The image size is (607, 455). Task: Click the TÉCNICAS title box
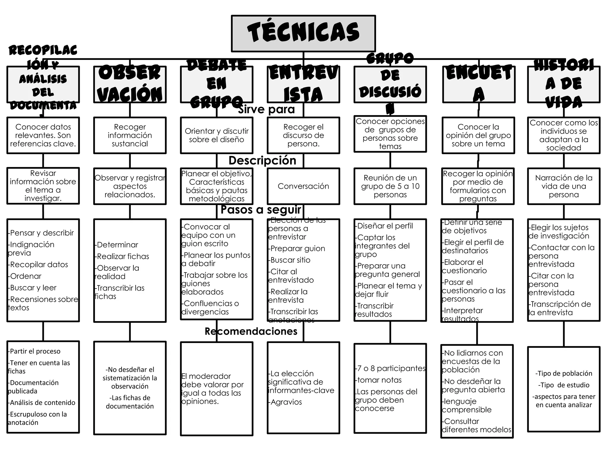(303, 33)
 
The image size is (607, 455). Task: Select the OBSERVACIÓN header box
(130, 84)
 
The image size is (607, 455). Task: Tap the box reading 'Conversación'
(303, 186)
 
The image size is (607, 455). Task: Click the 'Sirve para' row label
(266, 109)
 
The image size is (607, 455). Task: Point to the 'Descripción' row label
(262, 160)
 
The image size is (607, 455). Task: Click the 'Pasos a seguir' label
(261, 209)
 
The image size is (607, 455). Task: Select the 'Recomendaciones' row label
(251, 331)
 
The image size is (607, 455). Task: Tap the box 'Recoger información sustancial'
(130, 135)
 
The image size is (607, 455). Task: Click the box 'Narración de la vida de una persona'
(563, 186)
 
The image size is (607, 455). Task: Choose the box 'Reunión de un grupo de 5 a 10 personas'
(390, 186)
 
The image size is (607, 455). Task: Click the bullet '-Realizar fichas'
(122, 256)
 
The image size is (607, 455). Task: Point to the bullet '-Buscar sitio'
(290, 260)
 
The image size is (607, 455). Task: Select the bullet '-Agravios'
(285, 402)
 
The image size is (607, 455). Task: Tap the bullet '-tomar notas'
(378, 380)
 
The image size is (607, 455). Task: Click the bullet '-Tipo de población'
(563, 373)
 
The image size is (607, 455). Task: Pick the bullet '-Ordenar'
(25, 276)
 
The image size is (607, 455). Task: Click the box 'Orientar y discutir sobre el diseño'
(217, 135)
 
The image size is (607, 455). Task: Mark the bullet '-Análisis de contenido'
(42, 403)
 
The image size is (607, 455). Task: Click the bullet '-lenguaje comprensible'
(466, 406)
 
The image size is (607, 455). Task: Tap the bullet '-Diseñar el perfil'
(384, 226)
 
